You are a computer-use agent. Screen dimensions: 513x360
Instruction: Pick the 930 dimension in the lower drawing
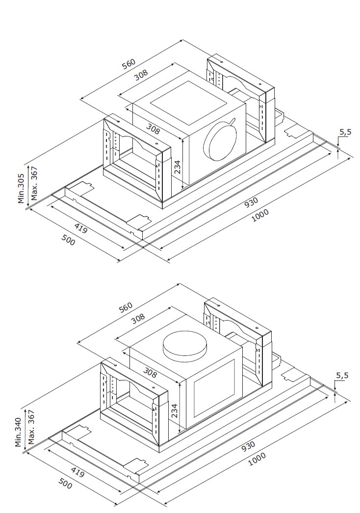point(248,445)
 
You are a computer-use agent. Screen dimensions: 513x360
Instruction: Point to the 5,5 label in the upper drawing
point(345,132)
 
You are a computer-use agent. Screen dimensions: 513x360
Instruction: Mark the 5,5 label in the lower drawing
point(342,376)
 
